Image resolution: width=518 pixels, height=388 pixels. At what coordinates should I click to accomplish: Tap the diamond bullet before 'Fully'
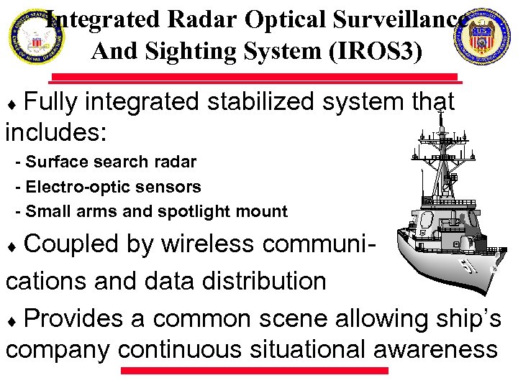coord(15,105)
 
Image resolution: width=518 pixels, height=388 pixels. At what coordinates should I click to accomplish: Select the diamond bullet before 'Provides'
coord(15,319)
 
